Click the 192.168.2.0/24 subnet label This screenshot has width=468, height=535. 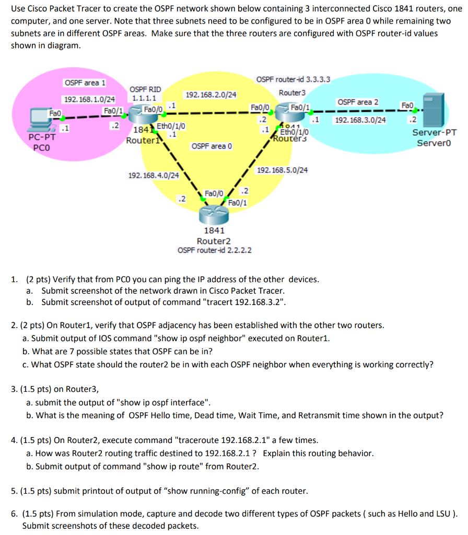(210, 95)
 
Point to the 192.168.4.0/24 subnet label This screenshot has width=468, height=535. (154, 175)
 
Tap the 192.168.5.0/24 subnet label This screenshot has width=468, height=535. (282, 170)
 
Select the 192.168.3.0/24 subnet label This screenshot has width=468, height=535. (360, 120)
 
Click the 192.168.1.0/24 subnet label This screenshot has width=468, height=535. (89, 99)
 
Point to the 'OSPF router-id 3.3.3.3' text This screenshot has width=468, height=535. (293, 79)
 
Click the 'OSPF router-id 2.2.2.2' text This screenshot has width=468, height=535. (214, 250)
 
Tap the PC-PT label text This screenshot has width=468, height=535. (42, 138)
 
